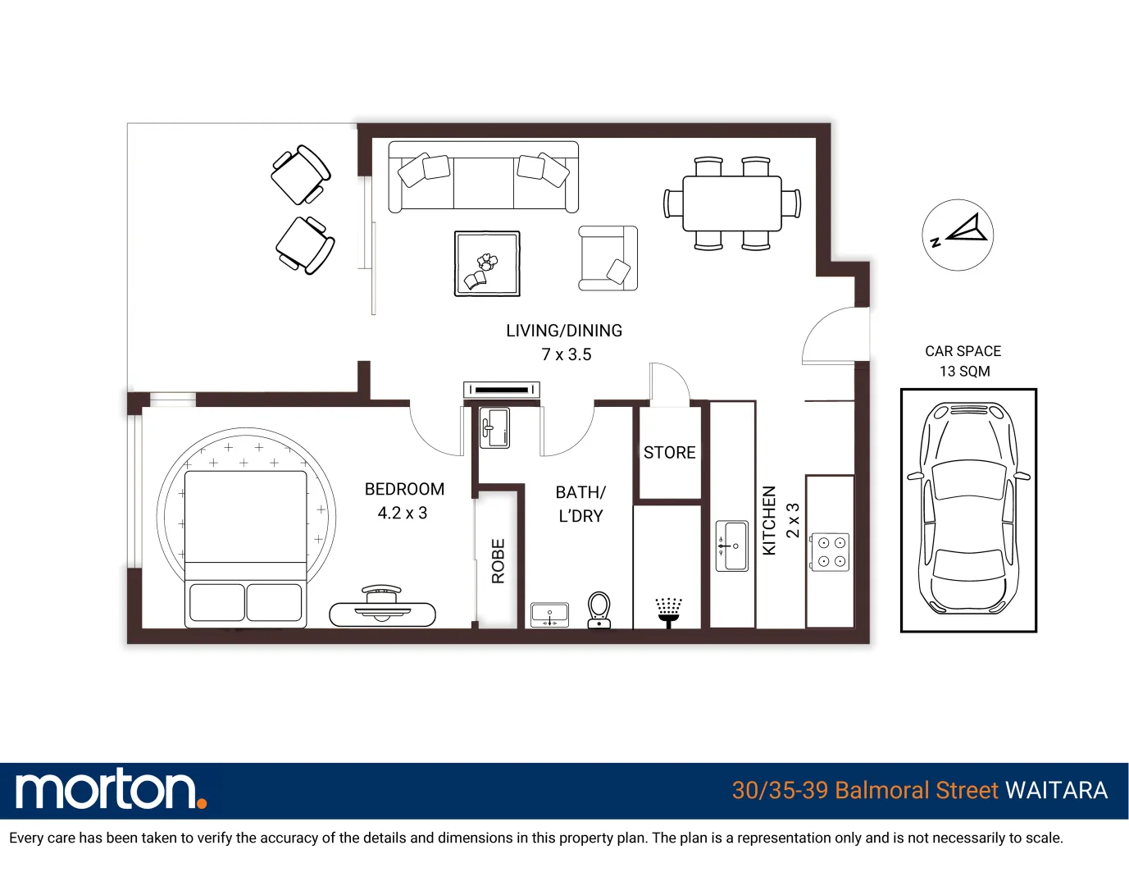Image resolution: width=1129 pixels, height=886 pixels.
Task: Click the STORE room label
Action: (x=669, y=453)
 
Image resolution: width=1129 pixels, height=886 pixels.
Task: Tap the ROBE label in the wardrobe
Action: (x=498, y=561)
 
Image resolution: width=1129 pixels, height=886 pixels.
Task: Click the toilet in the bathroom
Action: (x=599, y=610)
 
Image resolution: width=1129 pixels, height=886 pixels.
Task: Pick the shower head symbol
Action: (x=669, y=613)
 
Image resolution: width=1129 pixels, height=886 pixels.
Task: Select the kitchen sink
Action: (x=732, y=546)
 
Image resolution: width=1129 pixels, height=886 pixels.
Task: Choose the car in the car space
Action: (x=968, y=508)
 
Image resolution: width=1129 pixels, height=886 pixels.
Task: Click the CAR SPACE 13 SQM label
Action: (x=963, y=361)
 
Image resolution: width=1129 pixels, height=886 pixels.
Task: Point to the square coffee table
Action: (x=487, y=263)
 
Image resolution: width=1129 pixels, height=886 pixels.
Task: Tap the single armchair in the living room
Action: (x=608, y=258)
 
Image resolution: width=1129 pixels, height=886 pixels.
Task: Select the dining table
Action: (x=732, y=203)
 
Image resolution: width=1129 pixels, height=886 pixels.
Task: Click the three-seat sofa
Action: (x=484, y=177)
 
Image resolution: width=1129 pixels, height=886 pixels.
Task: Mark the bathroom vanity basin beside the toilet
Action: (x=549, y=614)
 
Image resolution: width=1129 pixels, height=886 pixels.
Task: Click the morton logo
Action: (x=112, y=790)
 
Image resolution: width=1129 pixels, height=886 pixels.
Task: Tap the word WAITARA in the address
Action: (x=1057, y=790)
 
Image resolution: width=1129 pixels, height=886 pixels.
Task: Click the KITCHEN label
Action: (x=769, y=521)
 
